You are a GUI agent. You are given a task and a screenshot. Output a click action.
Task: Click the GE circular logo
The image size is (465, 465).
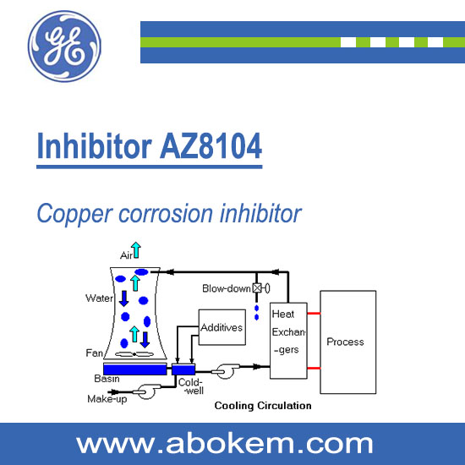point(64,46)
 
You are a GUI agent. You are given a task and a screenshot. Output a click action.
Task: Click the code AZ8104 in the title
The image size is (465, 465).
point(211,146)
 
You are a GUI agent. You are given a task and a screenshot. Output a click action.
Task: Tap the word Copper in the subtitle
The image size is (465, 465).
point(74,214)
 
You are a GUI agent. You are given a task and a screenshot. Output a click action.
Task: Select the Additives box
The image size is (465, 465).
point(222,327)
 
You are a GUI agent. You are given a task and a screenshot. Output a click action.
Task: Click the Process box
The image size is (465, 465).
point(348,342)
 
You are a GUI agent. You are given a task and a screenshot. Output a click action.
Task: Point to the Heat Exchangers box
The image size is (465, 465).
point(288,341)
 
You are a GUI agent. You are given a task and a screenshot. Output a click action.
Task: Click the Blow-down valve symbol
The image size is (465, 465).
point(261,288)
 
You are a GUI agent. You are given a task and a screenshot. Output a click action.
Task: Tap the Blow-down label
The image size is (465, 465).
point(227,288)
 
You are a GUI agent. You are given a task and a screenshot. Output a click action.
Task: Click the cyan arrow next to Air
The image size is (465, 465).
point(136,250)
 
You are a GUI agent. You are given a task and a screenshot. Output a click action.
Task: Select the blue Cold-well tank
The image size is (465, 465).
point(183,369)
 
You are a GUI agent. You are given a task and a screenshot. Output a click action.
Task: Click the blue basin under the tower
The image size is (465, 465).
point(135,369)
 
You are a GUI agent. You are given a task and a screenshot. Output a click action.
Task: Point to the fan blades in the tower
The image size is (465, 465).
point(134,354)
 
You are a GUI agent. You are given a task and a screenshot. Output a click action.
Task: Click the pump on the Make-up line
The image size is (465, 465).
point(146,391)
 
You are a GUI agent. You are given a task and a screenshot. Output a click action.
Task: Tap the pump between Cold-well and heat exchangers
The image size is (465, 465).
point(225,371)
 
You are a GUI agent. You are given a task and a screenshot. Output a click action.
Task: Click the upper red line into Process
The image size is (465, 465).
point(314,313)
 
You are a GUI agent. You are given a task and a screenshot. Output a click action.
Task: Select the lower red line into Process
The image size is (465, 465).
point(314,369)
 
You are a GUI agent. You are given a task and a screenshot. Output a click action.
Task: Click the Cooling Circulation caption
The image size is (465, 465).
point(263,406)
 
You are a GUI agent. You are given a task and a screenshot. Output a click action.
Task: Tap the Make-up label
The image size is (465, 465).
point(107,399)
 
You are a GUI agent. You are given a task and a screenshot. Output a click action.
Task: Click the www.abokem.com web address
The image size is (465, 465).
point(224,444)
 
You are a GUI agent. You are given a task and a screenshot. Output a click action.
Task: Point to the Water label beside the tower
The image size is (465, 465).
point(100,298)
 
